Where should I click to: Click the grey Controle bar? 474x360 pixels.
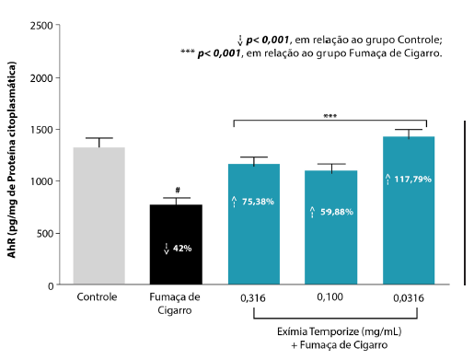98,216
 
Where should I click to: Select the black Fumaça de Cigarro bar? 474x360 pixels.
176,245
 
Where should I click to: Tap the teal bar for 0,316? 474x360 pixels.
253,225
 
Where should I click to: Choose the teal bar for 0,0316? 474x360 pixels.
408,211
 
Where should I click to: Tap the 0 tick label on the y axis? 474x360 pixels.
48,286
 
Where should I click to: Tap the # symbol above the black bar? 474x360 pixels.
176,190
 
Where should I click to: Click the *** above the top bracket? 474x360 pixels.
330,116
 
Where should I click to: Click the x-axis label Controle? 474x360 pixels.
98,297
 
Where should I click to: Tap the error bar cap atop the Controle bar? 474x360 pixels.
98,138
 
